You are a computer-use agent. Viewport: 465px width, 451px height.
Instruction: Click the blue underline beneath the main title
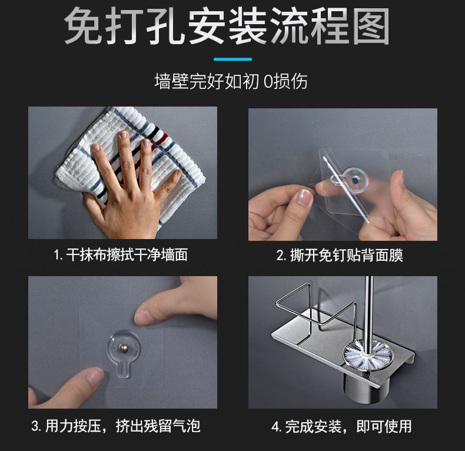coord(233,59)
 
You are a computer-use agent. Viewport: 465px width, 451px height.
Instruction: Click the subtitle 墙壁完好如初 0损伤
coord(231,81)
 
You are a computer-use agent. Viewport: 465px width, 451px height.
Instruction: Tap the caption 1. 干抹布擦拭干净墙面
coord(121,255)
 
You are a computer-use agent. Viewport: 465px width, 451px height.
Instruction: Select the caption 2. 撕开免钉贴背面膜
coord(340,256)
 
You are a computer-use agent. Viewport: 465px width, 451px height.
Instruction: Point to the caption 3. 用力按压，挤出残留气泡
coord(116,426)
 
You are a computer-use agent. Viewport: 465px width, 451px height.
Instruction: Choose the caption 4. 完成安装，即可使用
coord(341,427)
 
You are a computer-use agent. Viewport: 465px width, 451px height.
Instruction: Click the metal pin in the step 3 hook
coord(123,347)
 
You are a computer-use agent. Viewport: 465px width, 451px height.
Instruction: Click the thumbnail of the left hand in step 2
coord(303,198)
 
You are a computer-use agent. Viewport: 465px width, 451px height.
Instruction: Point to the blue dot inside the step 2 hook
coord(355,180)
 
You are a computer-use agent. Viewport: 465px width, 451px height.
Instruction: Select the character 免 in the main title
coord(83,26)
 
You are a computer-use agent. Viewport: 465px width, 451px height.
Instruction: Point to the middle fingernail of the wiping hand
coord(124,135)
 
